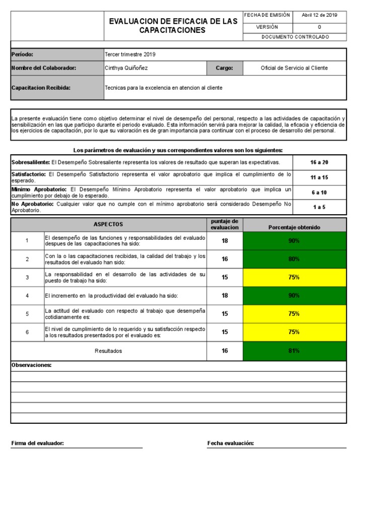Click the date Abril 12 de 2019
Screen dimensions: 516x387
click(x=319, y=15)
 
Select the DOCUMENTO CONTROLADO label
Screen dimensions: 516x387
click(x=295, y=37)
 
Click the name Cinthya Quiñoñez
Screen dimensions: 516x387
click(x=126, y=68)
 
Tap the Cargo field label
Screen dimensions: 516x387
click(x=224, y=68)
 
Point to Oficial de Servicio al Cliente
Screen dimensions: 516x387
click(x=294, y=68)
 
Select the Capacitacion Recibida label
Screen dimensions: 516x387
click(x=41, y=88)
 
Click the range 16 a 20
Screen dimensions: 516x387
click(x=319, y=162)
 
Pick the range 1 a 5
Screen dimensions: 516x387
click(x=319, y=207)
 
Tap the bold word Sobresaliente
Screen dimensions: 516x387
click(x=30, y=162)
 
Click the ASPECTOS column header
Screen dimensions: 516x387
click(x=108, y=224)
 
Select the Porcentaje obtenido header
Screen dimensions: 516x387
click(x=294, y=227)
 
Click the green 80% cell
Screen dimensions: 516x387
click(x=294, y=259)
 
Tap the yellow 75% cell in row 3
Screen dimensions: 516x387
click(x=294, y=277)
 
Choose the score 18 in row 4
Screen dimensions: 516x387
click(x=225, y=295)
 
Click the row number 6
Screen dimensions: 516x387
click(x=27, y=332)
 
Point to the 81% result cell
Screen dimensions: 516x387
click(x=294, y=351)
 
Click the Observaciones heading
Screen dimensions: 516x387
click(x=31, y=365)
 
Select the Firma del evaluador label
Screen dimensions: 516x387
click(x=37, y=443)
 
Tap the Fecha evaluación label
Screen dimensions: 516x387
click(x=230, y=443)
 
